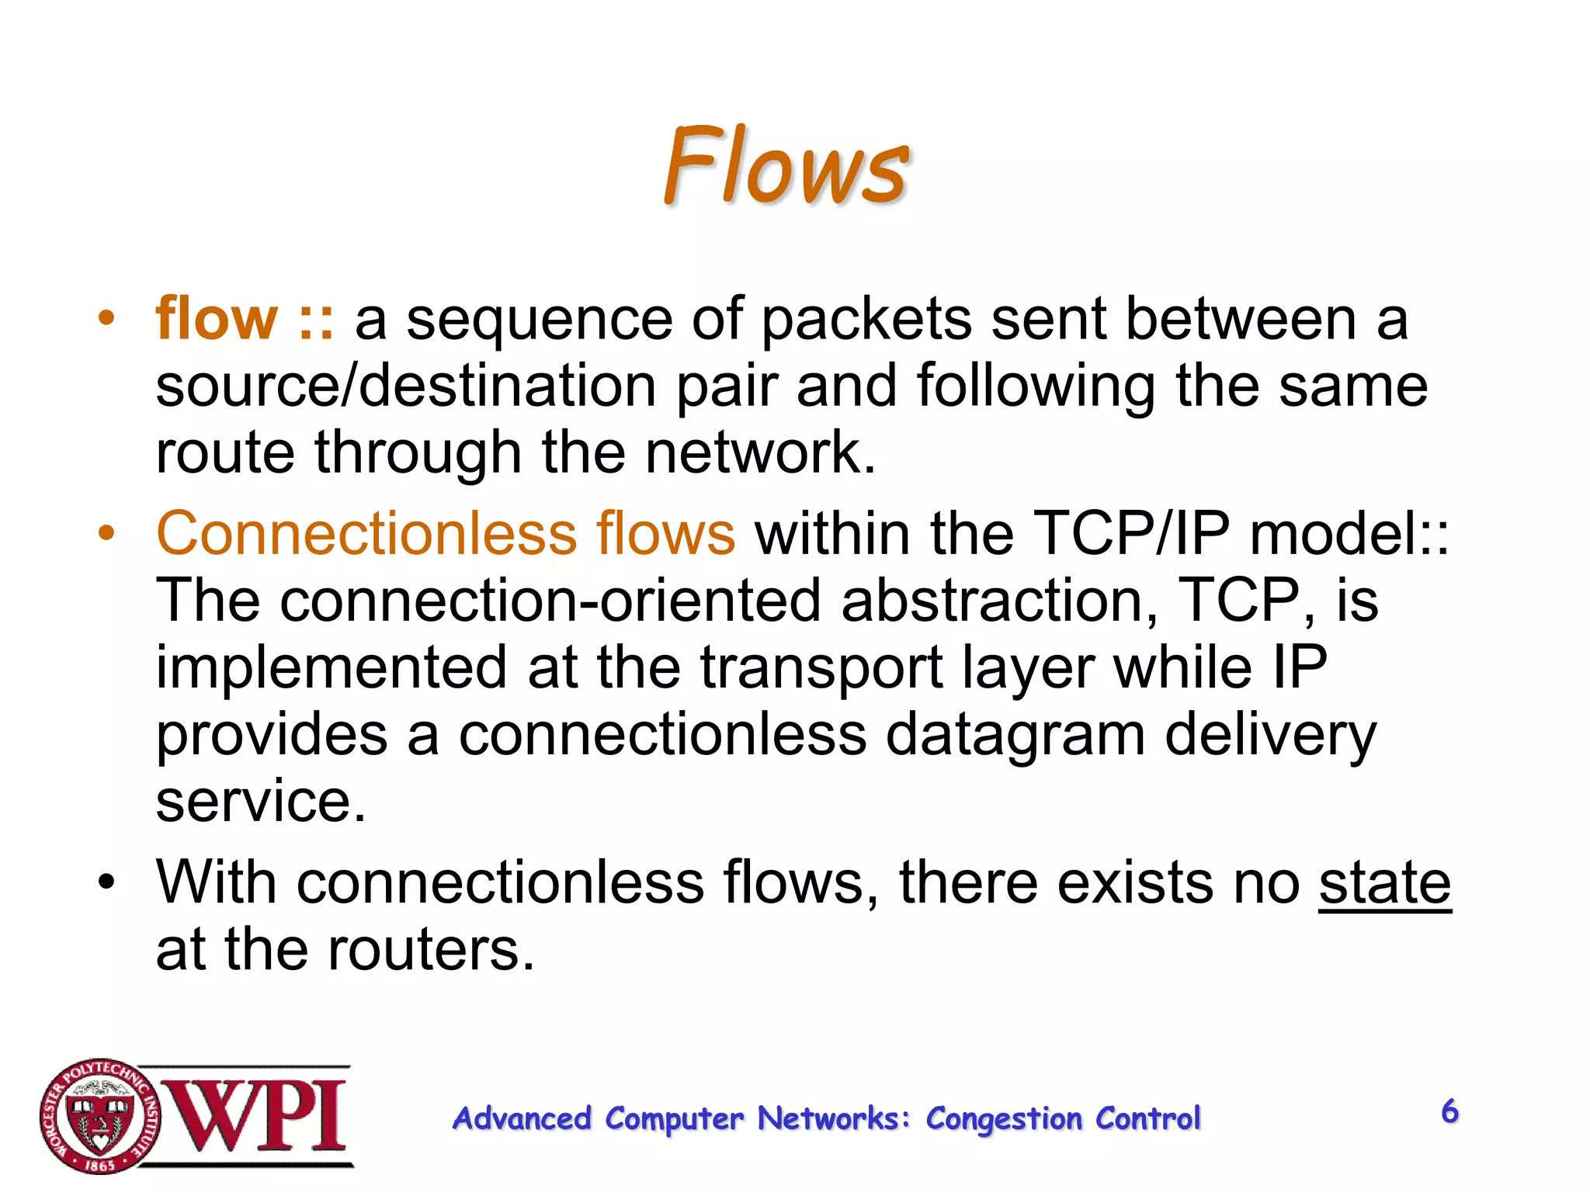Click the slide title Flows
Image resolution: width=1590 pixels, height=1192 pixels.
coord(786,167)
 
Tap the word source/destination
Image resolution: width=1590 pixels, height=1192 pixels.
coord(406,386)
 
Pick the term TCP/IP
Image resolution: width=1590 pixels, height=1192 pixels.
coord(1133,534)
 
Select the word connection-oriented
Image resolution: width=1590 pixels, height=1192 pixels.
coord(550,600)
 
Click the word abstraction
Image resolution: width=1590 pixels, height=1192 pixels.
coord(1000,600)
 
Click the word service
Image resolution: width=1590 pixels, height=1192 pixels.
coord(261,801)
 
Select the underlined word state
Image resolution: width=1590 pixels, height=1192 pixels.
coord(1384,883)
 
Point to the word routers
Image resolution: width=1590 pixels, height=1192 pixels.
coord(432,949)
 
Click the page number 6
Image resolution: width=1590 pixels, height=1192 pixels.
coord(1449,1111)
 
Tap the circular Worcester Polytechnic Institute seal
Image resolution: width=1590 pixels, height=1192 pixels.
coord(99,1116)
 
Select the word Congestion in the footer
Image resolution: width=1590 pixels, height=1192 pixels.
coord(1004,1119)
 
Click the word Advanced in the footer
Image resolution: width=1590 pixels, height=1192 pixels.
coord(522,1119)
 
